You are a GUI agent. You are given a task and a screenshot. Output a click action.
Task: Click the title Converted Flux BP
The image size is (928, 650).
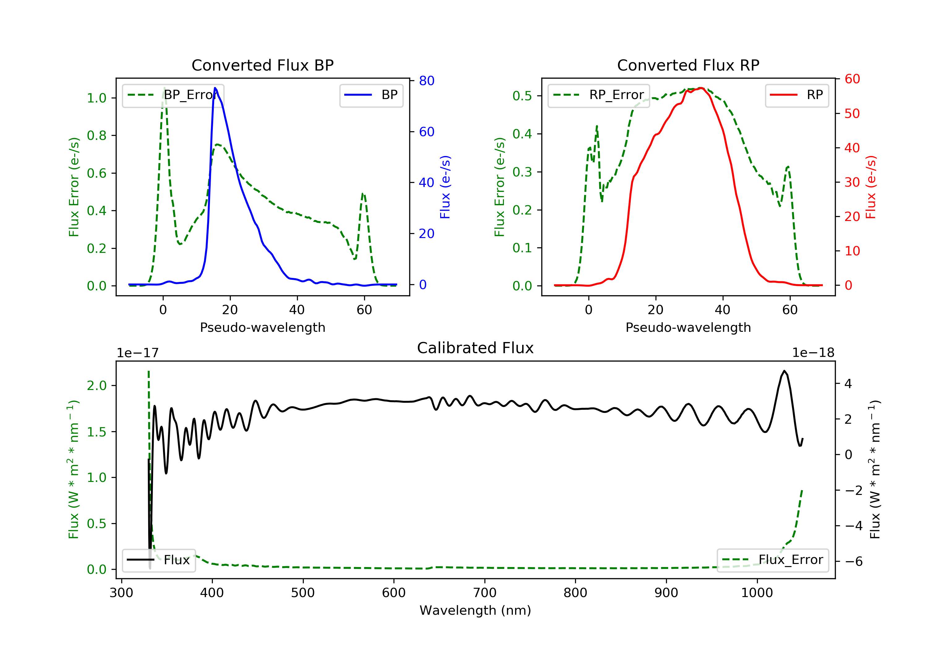pyautogui.click(x=262, y=65)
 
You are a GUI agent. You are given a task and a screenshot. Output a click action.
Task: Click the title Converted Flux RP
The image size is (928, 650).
pyautogui.click(x=688, y=65)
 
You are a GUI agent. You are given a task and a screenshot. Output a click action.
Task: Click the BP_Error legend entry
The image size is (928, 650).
pyautogui.click(x=173, y=95)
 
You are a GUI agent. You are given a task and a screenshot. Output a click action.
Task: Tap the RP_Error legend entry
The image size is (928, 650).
pyautogui.click(x=599, y=95)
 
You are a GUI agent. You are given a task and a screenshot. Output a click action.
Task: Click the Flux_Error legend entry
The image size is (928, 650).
pyautogui.click(x=772, y=560)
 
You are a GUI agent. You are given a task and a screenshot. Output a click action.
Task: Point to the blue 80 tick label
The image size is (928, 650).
pyautogui.click(x=426, y=81)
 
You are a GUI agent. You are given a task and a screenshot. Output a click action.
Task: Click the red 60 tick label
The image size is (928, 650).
pyautogui.click(x=852, y=79)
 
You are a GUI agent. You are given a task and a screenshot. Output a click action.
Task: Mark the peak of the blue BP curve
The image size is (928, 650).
pyautogui.click(x=215, y=88)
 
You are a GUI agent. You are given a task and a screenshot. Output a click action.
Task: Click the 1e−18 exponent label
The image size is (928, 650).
pyautogui.click(x=813, y=353)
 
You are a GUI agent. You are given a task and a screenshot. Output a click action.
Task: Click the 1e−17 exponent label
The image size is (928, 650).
pyautogui.click(x=137, y=353)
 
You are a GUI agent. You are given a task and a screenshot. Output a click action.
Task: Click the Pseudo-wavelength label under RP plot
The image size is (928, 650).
pyautogui.click(x=688, y=327)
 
